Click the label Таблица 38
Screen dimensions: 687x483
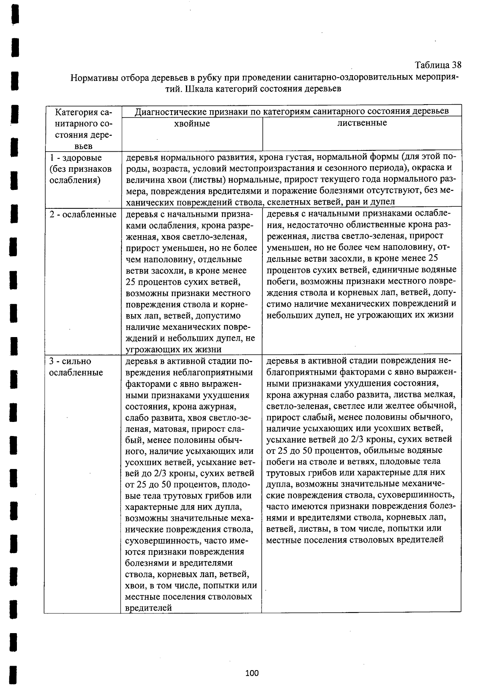pyautogui.click(x=438, y=65)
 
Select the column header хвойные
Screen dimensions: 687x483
pyautogui.click(x=192, y=124)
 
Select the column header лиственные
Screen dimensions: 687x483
pyautogui.click(x=362, y=123)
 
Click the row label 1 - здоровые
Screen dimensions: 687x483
pyautogui.click(x=76, y=158)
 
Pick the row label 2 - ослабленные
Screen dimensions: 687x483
pyautogui.click(x=83, y=214)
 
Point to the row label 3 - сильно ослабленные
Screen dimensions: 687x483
pyautogui.click(x=76, y=367)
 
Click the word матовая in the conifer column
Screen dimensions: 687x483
pyautogui.click(x=171, y=429)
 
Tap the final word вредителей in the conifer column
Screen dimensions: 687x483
pyautogui.click(x=149, y=608)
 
